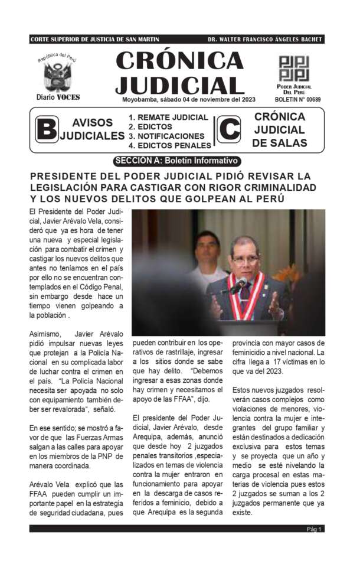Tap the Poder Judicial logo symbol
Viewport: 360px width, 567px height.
(x=293, y=69)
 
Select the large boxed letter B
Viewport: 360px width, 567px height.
(x=46, y=129)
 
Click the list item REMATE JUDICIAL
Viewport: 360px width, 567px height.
(x=168, y=117)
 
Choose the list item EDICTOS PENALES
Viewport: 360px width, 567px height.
(x=169, y=145)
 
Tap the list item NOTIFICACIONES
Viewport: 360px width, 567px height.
(x=168, y=136)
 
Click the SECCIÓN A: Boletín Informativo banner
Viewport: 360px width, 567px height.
(x=176, y=160)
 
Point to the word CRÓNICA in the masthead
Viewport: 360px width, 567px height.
(x=179, y=60)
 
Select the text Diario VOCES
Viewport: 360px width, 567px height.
(x=57, y=97)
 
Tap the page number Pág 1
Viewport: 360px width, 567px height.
(x=314, y=529)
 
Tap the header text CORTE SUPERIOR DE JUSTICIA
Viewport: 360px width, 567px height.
(x=94, y=39)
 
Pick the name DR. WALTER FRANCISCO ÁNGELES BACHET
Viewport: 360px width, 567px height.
(x=264, y=39)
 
